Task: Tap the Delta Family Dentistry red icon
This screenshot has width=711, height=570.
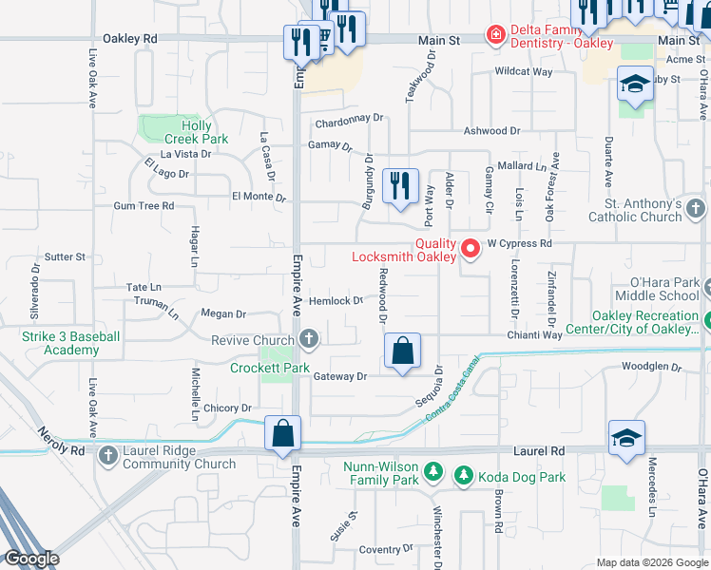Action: (x=495, y=35)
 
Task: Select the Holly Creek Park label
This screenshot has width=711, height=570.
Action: (x=197, y=132)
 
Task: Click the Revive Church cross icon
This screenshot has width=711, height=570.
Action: (x=308, y=339)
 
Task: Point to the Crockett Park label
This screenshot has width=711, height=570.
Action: (x=270, y=368)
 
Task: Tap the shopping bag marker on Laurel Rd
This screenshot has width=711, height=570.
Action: (x=283, y=435)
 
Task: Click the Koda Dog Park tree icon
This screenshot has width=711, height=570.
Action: (x=463, y=474)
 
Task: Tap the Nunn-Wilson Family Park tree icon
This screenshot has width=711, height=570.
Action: (x=432, y=470)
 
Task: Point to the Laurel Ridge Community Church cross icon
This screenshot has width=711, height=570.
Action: (x=108, y=457)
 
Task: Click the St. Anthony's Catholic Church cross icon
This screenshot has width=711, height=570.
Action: (x=696, y=208)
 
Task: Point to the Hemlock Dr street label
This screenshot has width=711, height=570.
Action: (x=336, y=300)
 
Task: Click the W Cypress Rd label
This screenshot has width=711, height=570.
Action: (x=519, y=243)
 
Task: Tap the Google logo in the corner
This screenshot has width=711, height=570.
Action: (x=30, y=559)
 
